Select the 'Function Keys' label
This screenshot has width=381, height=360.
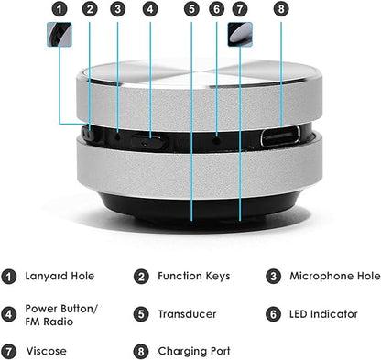(x=194, y=276)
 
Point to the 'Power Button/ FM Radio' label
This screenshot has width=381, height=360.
(x=63, y=314)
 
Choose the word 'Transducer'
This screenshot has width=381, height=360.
(x=189, y=314)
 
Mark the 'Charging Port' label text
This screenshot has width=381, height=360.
(x=194, y=351)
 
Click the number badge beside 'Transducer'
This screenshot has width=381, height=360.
(x=141, y=314)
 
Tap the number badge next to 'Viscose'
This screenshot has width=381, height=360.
(x=9, y=351)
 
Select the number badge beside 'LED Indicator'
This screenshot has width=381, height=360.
(x=273, y=314)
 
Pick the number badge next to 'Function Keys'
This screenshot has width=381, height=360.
(x=141, y=276)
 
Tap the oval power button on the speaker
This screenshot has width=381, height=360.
(x=147, y=140)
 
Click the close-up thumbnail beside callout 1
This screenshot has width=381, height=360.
(x=60, y=34)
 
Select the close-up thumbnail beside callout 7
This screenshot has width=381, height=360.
(x=241, y=34)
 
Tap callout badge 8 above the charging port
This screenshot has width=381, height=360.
(x=281, y=11)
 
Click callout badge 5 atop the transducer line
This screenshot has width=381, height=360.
(x=190, y=11)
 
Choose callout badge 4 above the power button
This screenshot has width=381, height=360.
(x=149, y=11)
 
